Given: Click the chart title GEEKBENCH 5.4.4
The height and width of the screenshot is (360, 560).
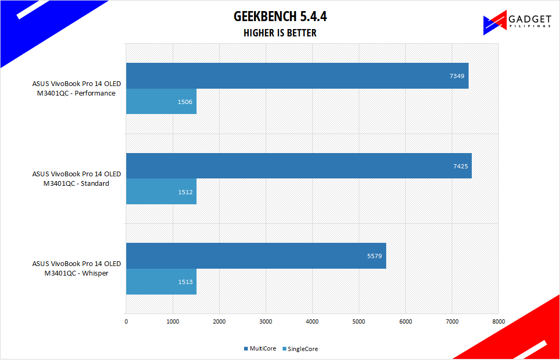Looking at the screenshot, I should (280, 17).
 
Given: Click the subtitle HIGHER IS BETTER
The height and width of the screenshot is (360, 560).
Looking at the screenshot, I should (280, 33).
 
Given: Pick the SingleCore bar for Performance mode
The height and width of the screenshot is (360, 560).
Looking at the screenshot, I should (161, 101).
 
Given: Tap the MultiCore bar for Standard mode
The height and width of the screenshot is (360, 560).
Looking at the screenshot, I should (298, 166).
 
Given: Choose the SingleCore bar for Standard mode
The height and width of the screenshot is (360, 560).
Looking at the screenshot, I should (161, 191).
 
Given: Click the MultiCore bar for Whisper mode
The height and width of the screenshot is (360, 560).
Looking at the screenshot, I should (256, 255).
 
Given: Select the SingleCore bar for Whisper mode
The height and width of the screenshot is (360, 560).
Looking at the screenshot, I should (161, 281).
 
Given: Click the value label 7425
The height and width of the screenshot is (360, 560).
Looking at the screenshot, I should (460, 166).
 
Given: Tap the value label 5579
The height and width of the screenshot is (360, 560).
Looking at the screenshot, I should (375, 256).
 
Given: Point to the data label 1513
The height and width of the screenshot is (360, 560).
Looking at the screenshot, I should (185, 281).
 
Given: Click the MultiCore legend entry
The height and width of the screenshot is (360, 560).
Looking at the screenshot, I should (260, 349).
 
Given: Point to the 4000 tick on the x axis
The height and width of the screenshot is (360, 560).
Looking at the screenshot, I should (312, 321).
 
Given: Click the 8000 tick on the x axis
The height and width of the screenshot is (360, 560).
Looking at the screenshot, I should (498, 321).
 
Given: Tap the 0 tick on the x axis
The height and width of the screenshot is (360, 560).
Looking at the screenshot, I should (126, 321).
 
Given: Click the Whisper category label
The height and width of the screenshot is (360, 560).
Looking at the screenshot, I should (77, 268).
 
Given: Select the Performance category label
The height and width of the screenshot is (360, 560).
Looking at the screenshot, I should (77, 89).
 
